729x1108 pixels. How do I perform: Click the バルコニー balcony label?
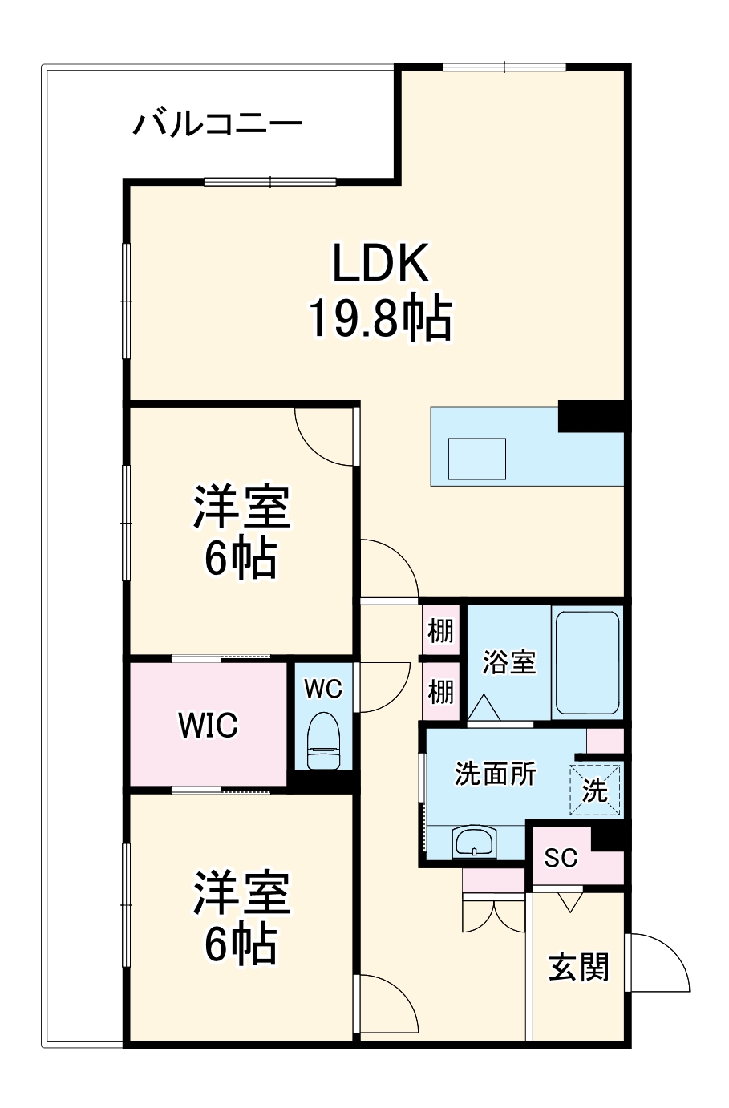217,125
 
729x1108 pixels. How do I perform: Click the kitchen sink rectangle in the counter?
476,459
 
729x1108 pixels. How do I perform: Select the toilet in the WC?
324,738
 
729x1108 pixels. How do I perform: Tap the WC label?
323,689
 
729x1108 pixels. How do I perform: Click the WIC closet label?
208,726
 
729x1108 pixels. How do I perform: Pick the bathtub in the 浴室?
587,663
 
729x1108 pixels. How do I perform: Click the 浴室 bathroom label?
508,662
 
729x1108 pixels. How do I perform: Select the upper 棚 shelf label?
440,631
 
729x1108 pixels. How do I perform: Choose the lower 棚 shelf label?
440,691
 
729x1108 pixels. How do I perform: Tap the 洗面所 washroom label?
495,774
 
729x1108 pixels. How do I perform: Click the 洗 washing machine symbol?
595,791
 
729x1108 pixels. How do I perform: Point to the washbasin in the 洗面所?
475,843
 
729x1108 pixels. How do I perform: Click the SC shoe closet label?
561,858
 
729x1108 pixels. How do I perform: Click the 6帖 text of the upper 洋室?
241,558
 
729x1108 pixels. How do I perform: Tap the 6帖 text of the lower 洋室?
241,944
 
